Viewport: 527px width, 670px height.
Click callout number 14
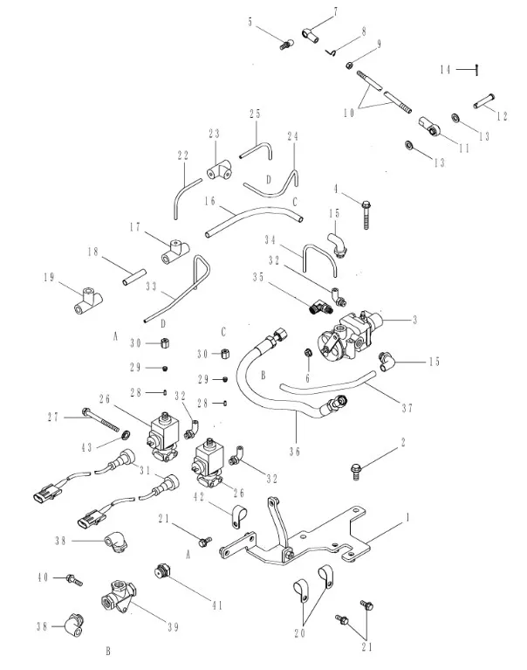pyautogui.click(x=444, y=69)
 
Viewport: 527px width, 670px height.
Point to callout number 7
pyautogui.click(x=333, y=10)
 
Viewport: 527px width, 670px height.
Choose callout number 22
pyautogui.click(x=182, y=155)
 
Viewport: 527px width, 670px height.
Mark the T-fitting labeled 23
pyautogui.click(x=218, y=167)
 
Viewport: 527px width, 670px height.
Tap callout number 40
pyautogui.click(x=43, y=577)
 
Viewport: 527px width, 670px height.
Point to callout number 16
pyautogui.click(x=210, y=200)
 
